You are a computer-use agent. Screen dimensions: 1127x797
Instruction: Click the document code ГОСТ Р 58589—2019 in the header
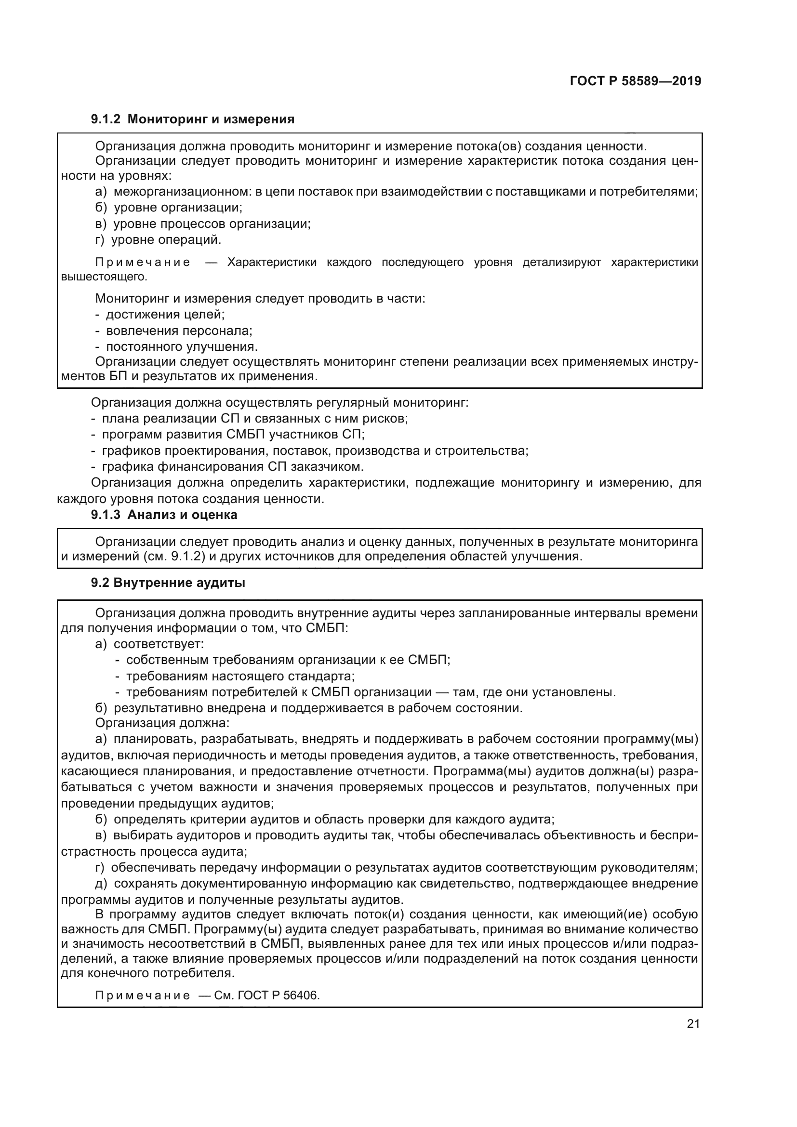(636, 81)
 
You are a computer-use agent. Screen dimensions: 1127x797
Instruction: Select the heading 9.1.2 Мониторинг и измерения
(192, 119)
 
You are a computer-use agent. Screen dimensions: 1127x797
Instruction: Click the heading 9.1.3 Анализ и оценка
(164, 515)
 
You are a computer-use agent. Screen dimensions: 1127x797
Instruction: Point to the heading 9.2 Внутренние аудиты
(168, 583)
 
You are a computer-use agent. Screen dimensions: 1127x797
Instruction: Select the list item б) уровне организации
(169, 208)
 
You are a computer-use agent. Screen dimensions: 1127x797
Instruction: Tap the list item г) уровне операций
(158, 240)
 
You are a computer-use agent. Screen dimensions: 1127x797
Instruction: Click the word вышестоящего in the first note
(104, 277)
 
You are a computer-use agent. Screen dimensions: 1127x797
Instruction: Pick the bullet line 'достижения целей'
(160, 314)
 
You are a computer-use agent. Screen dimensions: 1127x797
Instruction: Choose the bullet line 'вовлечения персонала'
(174, 331)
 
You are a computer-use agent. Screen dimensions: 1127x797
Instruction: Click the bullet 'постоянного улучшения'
(177, 346)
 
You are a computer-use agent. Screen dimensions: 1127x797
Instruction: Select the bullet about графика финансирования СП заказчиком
(228, 466)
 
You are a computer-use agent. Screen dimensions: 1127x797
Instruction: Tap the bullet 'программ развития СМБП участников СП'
(228, 435)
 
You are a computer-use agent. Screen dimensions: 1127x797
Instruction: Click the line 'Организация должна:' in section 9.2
(162, 723)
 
